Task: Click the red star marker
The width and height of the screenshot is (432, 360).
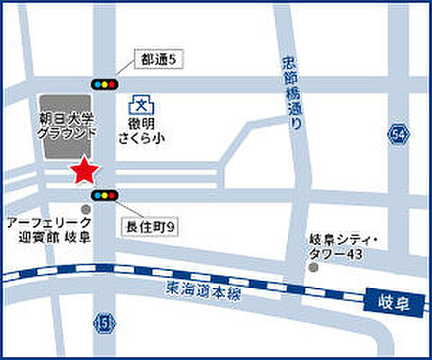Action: point(85,168)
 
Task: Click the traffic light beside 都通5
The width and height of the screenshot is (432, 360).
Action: point(104,84)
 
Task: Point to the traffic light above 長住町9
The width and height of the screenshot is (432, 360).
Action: point(104,194)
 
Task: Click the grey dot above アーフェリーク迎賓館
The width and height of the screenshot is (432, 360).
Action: point(85,210)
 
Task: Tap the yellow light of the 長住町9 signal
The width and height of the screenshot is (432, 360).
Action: point(104,194)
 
